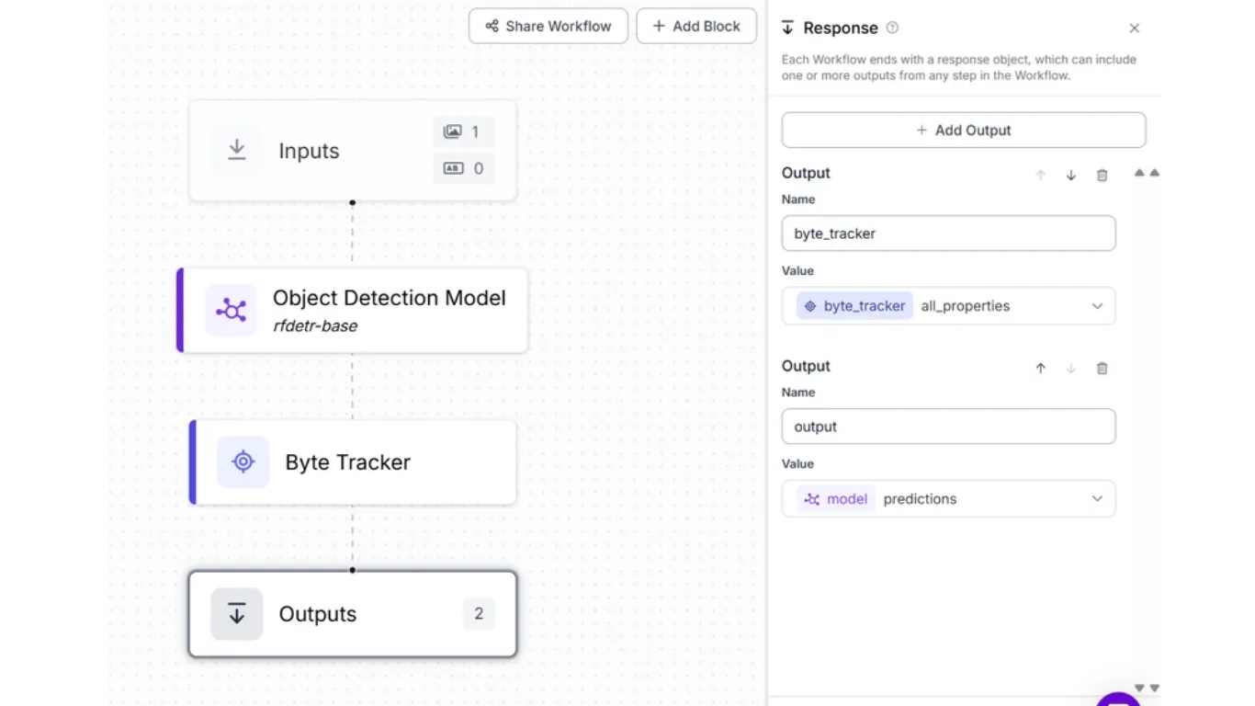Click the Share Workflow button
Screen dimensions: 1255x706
[x=548, y=26]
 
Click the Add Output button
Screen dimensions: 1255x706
[x=964, y=131]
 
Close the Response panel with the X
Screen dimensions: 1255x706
[x=1135, y=28]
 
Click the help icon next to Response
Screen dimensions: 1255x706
[x=892, y=28]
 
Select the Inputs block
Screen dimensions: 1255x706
[x=353, y=150]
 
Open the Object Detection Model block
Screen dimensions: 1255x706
[x=353, y=310]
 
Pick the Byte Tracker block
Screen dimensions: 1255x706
[x=353, y=462]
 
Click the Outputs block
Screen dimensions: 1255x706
[x=353, y=613]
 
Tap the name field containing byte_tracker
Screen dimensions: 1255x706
[x=948, y=233]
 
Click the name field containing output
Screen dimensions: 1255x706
[x=948, y=427]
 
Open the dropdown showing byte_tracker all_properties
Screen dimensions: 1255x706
[x=948, y=306]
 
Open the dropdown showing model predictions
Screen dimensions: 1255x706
[x=948, y=498]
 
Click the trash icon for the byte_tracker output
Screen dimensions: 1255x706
[x=1102, y=176]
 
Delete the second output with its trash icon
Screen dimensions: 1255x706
[x=1102, y=369]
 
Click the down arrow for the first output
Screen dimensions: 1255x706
[x=1071, y=176]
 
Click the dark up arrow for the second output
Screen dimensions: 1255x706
[x=1040, y=369]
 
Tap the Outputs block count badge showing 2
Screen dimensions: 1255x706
[x=479, y=613]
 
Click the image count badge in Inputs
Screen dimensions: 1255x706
[x=463, y=131]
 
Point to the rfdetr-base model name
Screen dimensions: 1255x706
[x=315, y=325]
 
